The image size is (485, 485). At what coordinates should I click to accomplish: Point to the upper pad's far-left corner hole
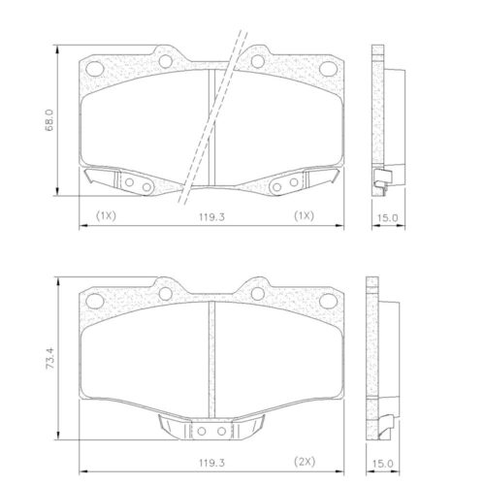coord(94,69)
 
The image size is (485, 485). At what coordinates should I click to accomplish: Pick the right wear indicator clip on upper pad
coord(299,181)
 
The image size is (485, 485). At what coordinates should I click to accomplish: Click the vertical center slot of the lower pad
coord(210,359)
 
